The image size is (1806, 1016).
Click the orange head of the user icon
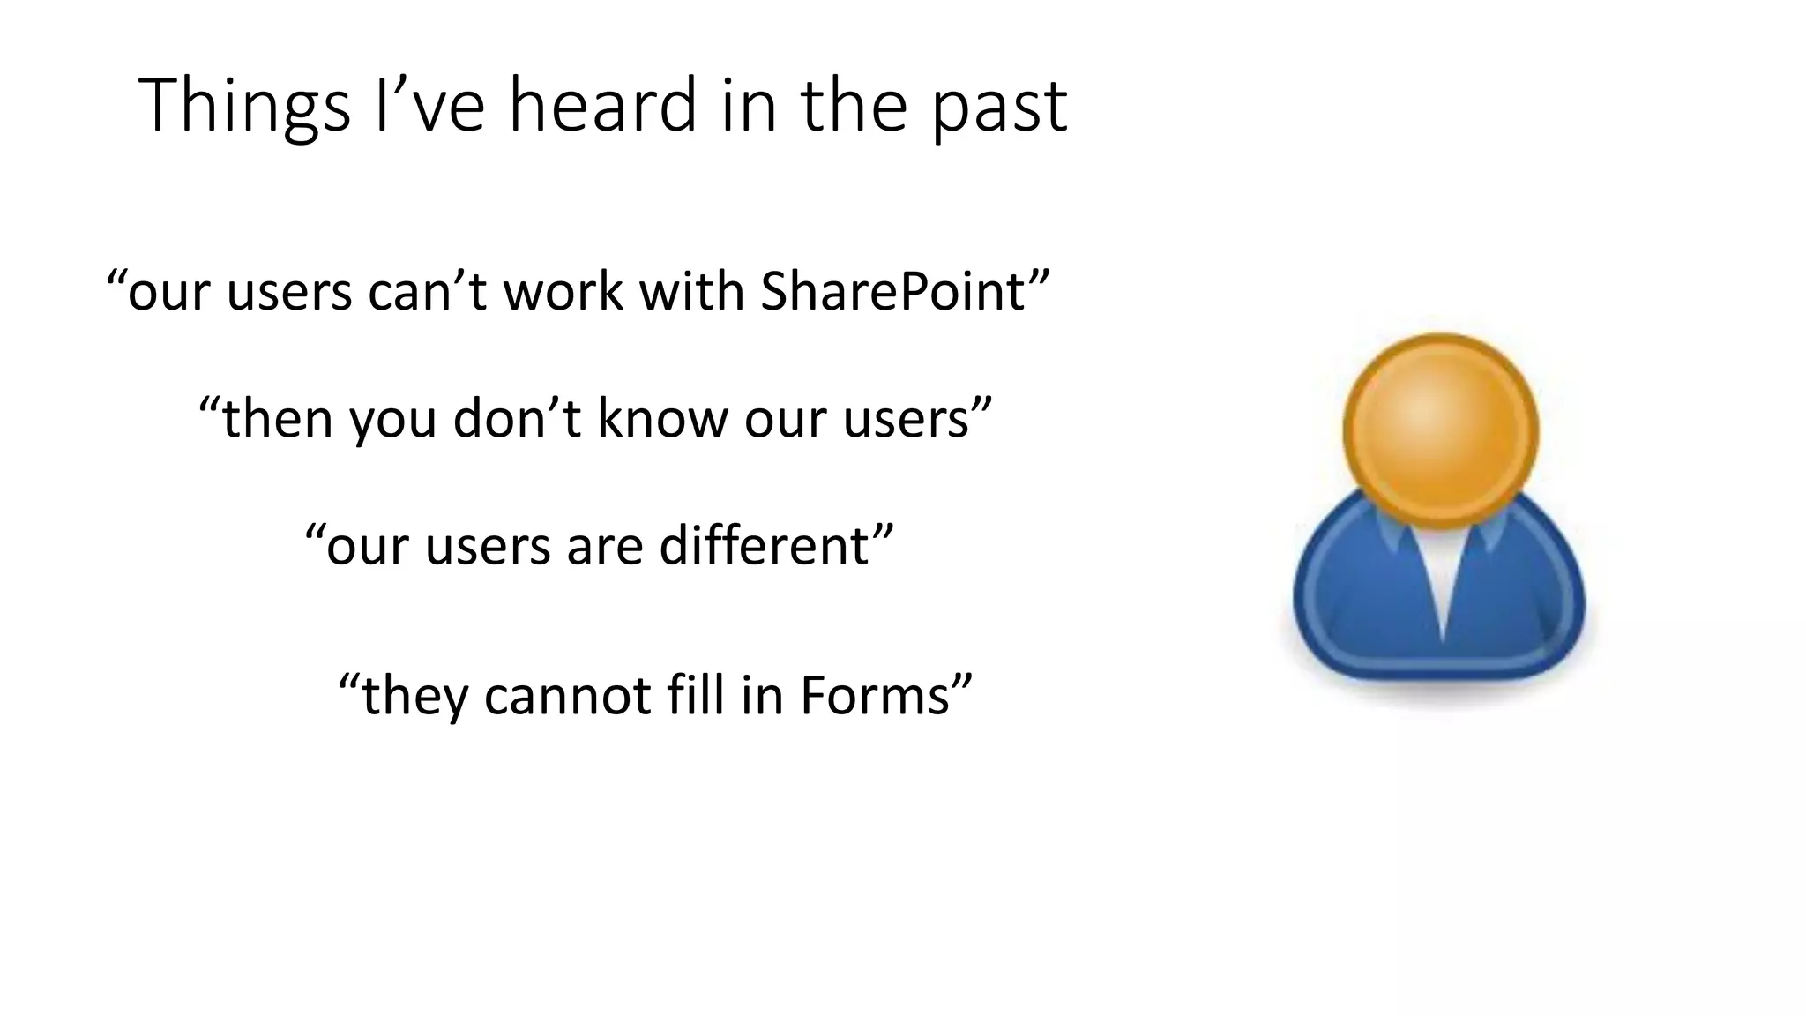[1440, 430]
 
